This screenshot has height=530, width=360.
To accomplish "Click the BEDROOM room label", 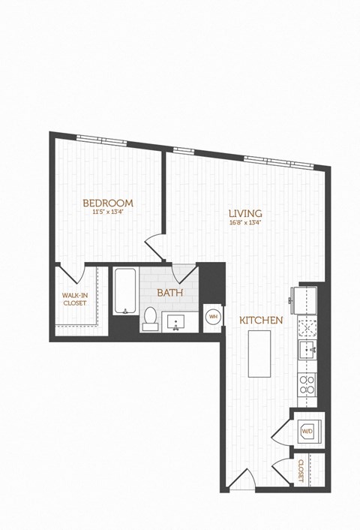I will click(108, 203).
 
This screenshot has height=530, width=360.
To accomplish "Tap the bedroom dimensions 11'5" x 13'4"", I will click(108, 212).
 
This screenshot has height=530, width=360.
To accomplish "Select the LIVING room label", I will click(245, 213).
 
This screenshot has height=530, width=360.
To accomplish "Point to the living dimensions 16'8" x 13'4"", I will click(245, 222).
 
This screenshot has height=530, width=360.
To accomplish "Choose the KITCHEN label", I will click(261, 321).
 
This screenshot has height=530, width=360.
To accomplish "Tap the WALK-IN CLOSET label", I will click(74, 300).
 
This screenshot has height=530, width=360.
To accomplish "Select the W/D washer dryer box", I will click(307, 432).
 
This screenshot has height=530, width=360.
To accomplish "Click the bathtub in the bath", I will click(122, 293).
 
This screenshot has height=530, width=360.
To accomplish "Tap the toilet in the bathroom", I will click(149, 318).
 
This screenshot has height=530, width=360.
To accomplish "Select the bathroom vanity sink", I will click(178, 323).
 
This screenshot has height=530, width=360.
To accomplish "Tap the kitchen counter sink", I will click(307, 349).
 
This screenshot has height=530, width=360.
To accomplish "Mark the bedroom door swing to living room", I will click(154, 245).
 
